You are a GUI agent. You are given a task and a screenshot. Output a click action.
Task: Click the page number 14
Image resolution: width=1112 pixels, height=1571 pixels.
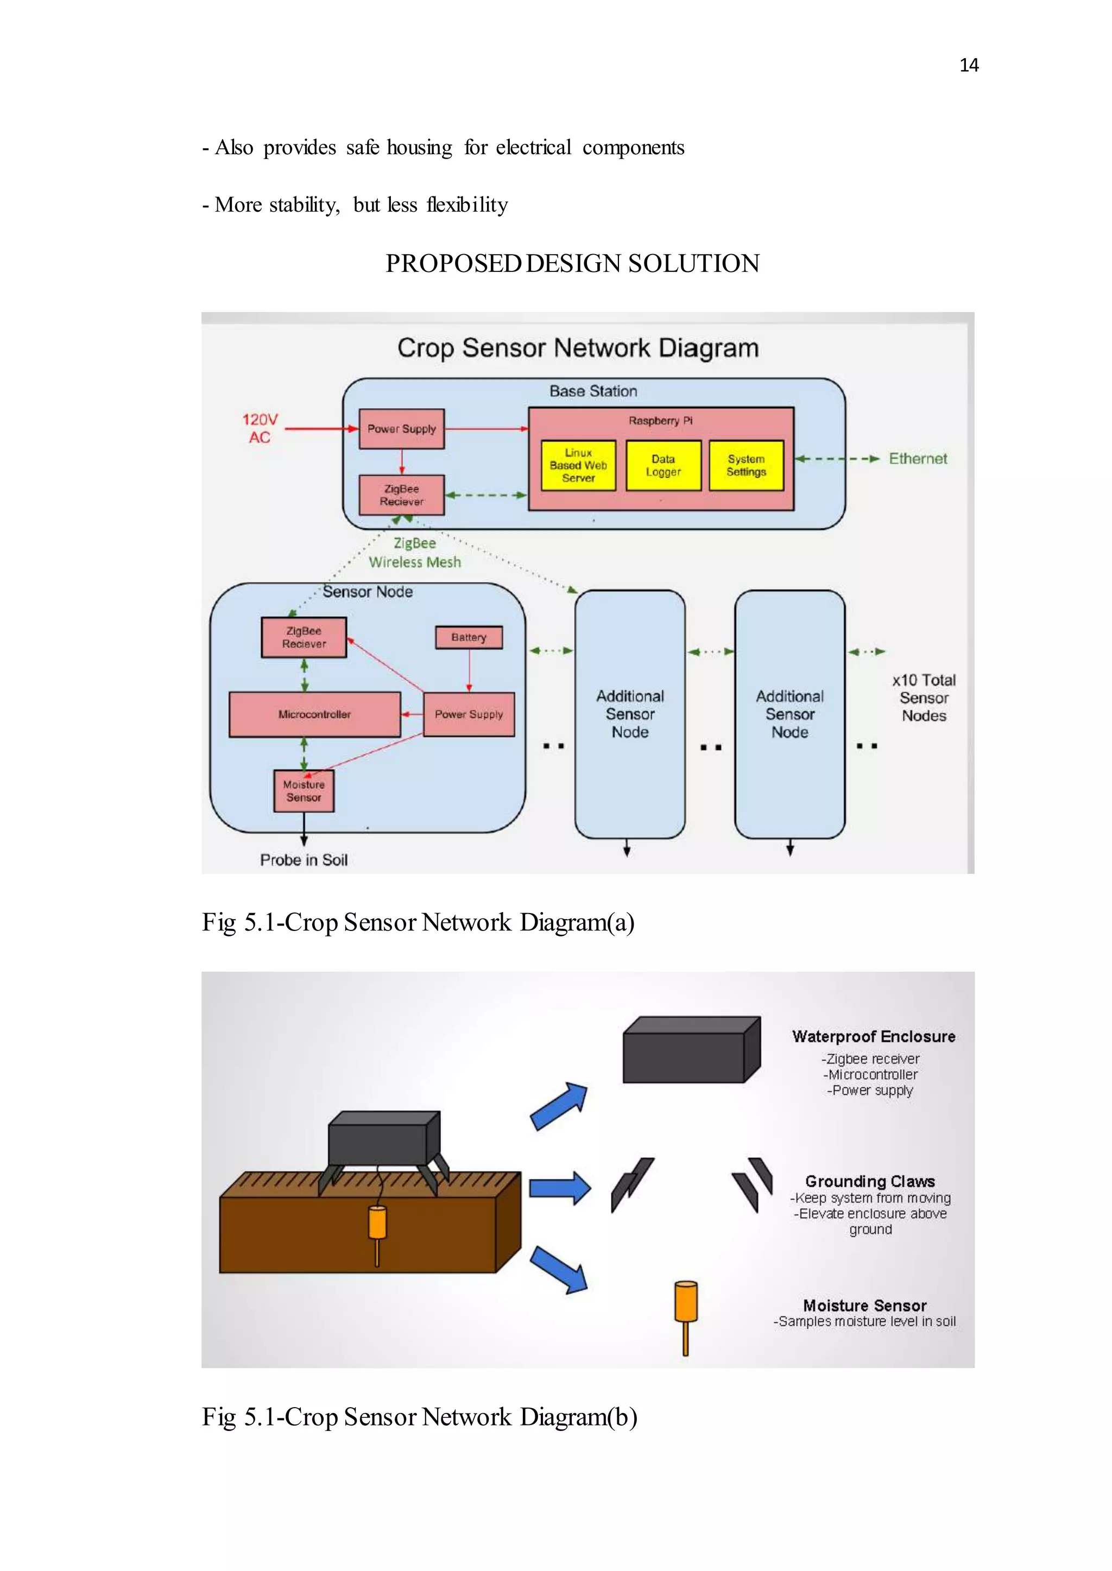tap(968, 65)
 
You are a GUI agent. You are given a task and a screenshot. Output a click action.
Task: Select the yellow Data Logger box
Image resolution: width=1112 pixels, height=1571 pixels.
tap(663, 465)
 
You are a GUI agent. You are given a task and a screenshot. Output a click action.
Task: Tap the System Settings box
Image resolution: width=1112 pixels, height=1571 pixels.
tap(745, 465)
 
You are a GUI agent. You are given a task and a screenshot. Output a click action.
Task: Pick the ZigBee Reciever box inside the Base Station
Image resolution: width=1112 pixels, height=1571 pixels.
tap(401, 495)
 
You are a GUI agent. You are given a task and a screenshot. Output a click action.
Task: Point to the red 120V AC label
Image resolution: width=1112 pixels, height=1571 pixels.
tap(260, 428)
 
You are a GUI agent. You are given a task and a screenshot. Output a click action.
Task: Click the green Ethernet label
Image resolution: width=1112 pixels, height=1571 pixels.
tap(918, 459)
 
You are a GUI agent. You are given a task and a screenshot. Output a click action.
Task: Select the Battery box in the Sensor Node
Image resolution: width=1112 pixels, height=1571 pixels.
tap(469, 637)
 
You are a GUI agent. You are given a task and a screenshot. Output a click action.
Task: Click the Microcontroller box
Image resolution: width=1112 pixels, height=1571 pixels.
tap(314, 714)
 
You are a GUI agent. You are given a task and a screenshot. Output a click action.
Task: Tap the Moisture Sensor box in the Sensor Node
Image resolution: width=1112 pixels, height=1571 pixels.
tap(304, 791)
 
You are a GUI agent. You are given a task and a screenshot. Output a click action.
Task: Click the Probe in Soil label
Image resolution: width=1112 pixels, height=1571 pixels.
tap(304, 860)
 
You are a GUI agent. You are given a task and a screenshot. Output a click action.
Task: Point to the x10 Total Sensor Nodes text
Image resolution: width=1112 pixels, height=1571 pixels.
tap(923, 698)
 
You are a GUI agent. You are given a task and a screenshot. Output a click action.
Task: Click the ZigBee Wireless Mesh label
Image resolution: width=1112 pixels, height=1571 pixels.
tap(415, 553)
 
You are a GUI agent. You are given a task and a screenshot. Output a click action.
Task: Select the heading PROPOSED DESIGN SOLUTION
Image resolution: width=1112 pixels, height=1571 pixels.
tap(572, 263)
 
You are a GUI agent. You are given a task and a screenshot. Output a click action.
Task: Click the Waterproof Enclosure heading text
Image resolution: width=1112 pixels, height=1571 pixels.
tap(873, 1036)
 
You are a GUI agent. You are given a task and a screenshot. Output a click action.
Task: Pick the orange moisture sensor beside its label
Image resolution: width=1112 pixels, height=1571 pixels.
tap(685, 1316)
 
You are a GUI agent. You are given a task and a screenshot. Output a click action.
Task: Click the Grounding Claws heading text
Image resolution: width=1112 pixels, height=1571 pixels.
tap(870, 1181)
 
